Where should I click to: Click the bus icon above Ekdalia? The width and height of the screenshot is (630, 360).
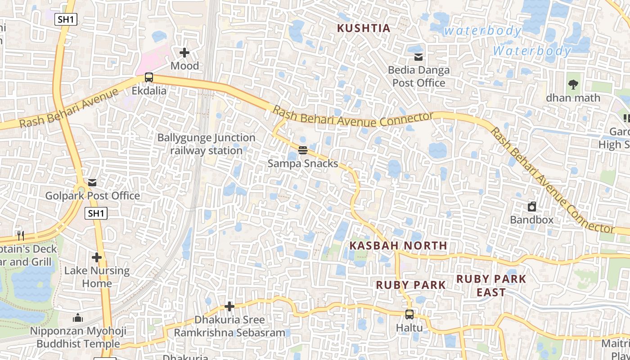tap(149, 77)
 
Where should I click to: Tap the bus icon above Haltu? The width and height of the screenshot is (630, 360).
tap(409, 314)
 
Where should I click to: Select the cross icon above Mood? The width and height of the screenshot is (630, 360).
tap(184, 53)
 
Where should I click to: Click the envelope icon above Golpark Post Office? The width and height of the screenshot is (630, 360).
tap(92, 183)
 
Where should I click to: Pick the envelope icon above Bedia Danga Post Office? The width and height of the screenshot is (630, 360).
tap(418, 57)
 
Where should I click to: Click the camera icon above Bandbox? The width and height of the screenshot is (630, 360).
tap(532, 207)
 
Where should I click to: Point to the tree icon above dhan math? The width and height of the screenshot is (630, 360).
tap(573, 84)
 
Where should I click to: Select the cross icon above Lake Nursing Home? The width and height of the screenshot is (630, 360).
tap(97, 258)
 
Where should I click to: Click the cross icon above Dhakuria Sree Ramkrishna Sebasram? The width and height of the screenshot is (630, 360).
tap(229, 307)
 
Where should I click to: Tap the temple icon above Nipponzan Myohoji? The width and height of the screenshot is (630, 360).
tap(78, 318)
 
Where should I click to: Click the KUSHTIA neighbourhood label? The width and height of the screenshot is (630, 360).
tap(364, 28)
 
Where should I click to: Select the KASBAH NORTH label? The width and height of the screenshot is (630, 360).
tap(399, 246)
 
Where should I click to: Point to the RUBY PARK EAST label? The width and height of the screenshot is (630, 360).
tap(491, 285)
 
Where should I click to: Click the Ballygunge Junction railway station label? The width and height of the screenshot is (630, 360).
tap(206, 144)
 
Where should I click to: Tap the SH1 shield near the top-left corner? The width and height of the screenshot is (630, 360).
tap(66, 19)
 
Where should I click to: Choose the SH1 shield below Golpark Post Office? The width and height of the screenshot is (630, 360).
tap(96, 213)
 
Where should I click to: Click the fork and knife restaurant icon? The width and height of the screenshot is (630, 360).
tap(20, 235)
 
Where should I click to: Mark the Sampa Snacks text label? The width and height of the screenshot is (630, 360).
tap(302, 164)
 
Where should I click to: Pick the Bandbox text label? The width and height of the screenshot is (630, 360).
tap(531, 220)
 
